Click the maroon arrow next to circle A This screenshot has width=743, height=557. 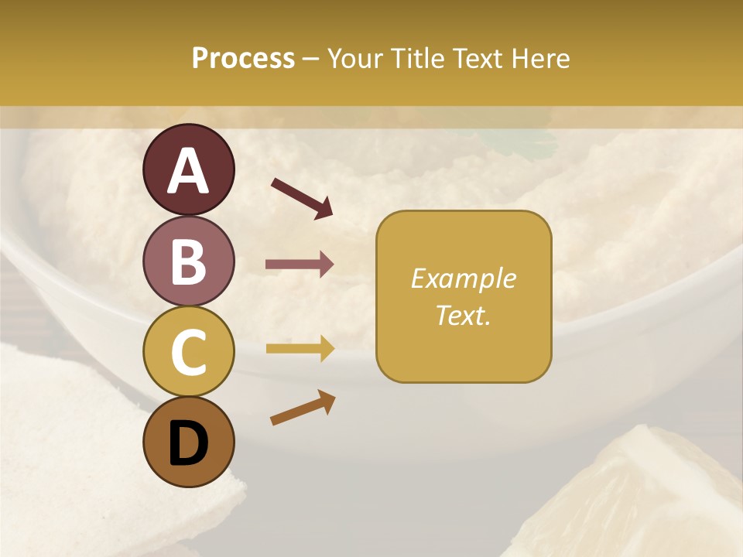302,198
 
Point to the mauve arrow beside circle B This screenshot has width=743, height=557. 300,265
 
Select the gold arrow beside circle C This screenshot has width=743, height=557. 300,349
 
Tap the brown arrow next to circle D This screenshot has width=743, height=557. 303,408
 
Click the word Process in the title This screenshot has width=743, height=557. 243,58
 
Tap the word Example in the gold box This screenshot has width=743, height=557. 463,278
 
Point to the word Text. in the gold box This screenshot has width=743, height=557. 463,315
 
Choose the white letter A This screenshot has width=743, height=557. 188,171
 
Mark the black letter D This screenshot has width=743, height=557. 188,444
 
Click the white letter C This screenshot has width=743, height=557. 188,353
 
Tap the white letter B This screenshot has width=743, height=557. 188,261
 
